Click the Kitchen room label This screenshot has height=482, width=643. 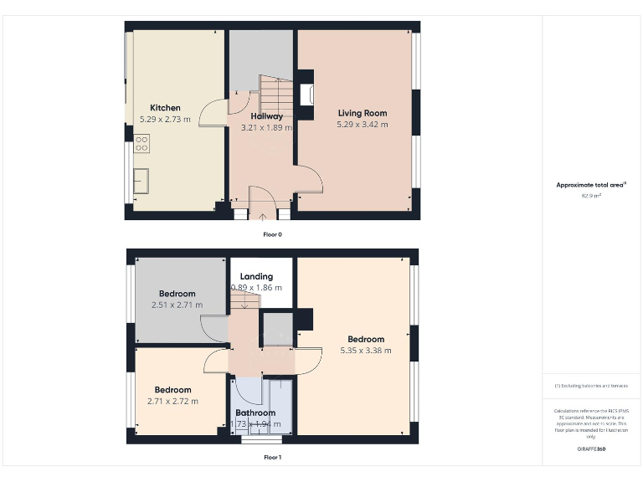(x=165, y=108)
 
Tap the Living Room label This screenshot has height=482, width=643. (x=363, y=113)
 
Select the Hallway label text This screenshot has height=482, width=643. (x=266, y=116)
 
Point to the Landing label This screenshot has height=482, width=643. (x=256, y=277)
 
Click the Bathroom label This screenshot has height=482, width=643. (x=255, y=413)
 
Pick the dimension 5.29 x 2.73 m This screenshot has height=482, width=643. (x=165, y=120)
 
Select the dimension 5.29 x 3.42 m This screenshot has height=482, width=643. (x=363, y=125)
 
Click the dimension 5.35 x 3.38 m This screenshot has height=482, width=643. (x=366, y=351)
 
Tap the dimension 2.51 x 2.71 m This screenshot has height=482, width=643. (x=177, y=305)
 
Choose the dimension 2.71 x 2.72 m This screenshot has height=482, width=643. (x=172, y=402)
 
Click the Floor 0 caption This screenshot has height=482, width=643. (x=272, y=235)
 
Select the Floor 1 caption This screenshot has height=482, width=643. (x=272, y=458)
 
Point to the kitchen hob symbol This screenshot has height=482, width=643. (x=141, y=144)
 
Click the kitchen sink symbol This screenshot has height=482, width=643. (x=141, y=180)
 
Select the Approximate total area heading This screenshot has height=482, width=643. (x=591, y=185)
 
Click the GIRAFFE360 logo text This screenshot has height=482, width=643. (x=591, y=449)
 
